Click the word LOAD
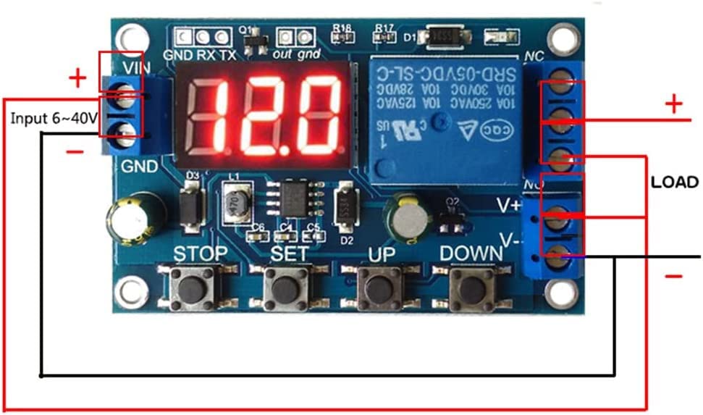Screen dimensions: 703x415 point(674,182)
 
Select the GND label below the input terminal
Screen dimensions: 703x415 point(139,167)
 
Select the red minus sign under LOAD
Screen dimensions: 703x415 point(673,276)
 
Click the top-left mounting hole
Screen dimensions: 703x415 point(131,36)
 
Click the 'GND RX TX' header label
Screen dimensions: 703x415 point(189,54)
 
